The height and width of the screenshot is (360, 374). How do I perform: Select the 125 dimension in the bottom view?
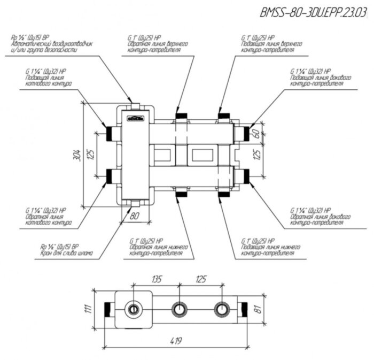[x=201, y=279]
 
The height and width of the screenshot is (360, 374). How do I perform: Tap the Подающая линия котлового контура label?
[x=46, y=80]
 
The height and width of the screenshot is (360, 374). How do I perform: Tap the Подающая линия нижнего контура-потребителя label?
[x=267, y=249]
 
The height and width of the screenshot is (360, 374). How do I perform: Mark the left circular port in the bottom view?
[x=131, y=309]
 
